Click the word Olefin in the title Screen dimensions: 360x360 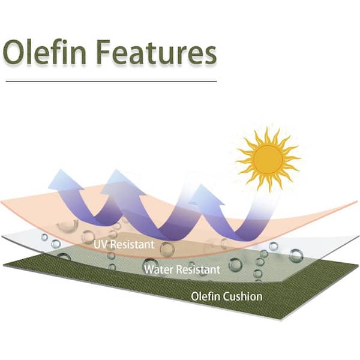(44, 52)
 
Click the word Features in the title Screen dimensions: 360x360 (157, 52)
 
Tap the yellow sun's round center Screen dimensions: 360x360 (268, 160)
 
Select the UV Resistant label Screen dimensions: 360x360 (124, 245)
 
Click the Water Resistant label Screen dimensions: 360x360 (182, 269)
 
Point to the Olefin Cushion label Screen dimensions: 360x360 (227, 296)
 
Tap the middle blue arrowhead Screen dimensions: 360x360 (122, 182)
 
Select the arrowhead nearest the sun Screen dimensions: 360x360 (205, 194)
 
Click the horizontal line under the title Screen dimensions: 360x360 (111, 81)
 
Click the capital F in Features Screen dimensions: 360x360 (103, 52)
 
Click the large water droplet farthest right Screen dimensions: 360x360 (296, 256)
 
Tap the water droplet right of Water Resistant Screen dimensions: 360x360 (235, 265)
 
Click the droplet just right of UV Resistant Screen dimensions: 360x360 (167, 248)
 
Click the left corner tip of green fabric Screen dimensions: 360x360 (4, 266)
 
